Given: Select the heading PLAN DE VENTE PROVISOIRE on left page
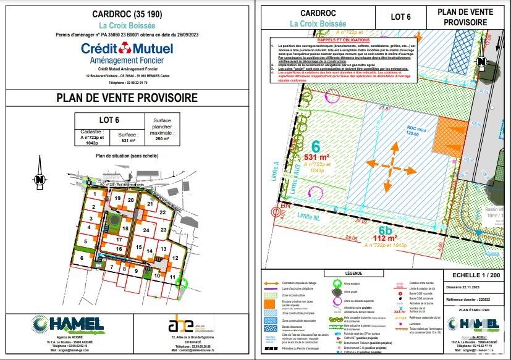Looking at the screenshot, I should tap(127, 98).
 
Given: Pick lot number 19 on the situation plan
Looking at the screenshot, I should tap(117, 199).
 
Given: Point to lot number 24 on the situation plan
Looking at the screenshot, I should tap(146, 230).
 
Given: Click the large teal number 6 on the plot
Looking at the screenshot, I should tap(316, 146).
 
